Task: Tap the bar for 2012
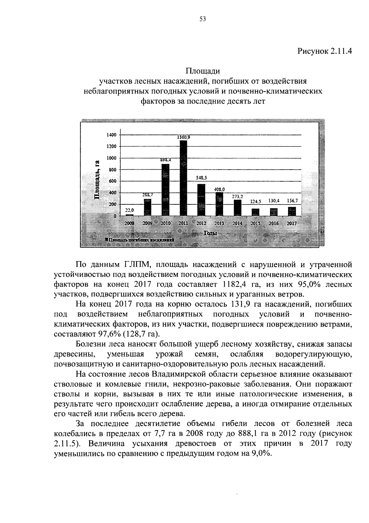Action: point(201,200)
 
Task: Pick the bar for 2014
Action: point(237,208)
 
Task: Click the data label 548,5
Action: point(201,178)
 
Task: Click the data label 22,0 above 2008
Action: point(129,210)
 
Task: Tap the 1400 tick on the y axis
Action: point(112,135)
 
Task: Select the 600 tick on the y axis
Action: point(113,181)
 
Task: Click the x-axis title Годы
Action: point(210,233)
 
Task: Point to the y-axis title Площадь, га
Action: point(97,180)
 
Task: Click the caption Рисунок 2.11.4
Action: point(324,51)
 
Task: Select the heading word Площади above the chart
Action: point(203,71)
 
